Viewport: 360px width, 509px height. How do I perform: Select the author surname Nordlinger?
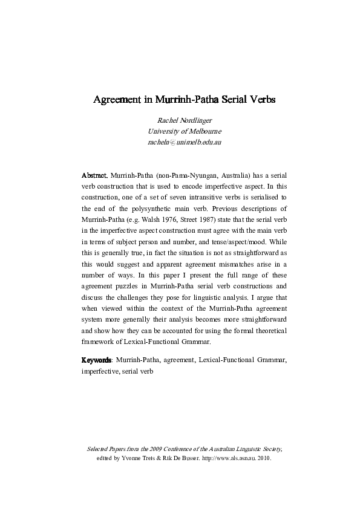[x=196, y=120]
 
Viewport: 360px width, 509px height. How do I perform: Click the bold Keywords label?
[x=96, y=360]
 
